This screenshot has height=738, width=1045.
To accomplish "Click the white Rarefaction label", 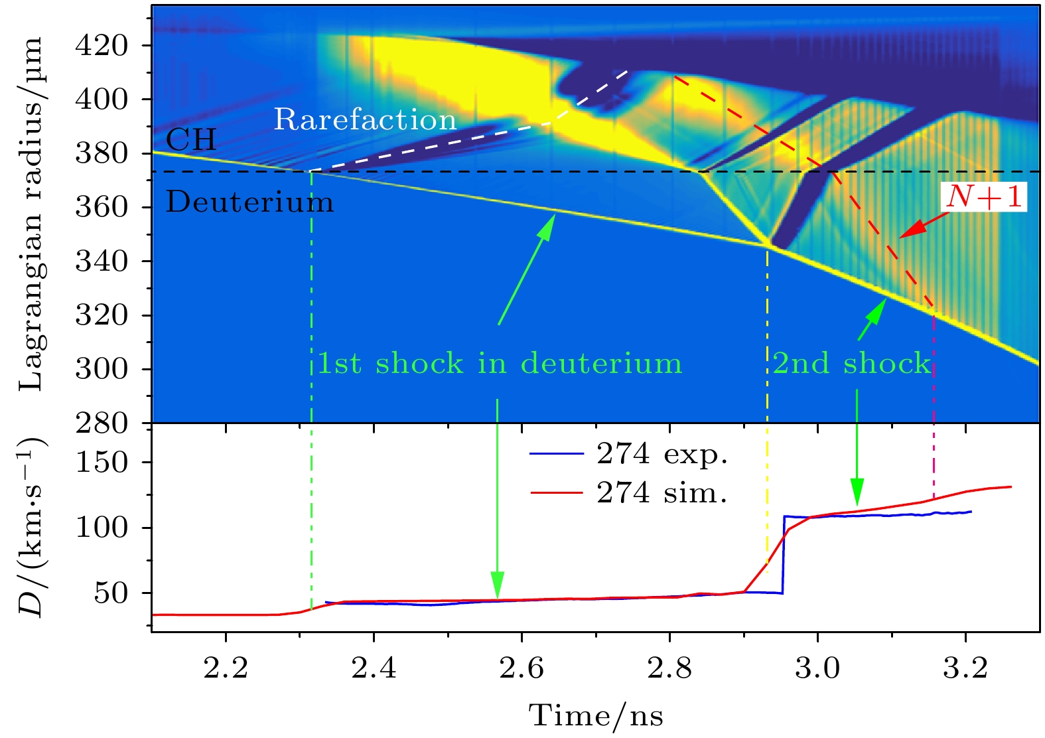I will click(x=365, y=120).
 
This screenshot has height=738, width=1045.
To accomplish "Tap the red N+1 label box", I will click(x=984, y=197).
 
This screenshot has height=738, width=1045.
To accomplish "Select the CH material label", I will click(x=191, y=140).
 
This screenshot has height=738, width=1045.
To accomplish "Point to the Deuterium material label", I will click(x=249, y=202).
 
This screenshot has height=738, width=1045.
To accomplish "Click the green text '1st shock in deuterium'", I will click(x=500, y=364).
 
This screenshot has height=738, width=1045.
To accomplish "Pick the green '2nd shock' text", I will click(x=852, y=364).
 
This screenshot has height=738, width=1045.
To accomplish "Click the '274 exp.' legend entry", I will click(x=662, y=454).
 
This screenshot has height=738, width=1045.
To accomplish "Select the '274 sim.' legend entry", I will click(x=662, y=492).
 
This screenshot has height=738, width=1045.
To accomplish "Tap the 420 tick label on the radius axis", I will click(x=102, y=46).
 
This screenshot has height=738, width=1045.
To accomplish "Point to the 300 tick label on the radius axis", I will click(x=102, y=369).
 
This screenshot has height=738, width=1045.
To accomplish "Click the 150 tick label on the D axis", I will click(x=102, y=463).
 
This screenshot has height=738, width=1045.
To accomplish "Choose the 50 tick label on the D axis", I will click(x=111, y=593).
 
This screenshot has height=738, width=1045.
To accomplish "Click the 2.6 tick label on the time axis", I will click(x=522, y=668).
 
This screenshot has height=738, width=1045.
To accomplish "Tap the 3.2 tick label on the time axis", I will click(x=965, y=668).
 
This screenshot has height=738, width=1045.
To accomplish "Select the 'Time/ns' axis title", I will click(x=596, y=716).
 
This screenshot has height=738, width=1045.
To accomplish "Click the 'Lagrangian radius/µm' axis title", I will click(x=31, y=214).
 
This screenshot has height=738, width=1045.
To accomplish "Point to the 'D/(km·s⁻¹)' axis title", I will click(x=31, y=528).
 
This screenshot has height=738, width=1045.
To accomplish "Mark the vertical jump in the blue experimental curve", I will click(x=784, y=554).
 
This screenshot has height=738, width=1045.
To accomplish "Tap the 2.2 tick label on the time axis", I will click(x=226, y=668).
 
